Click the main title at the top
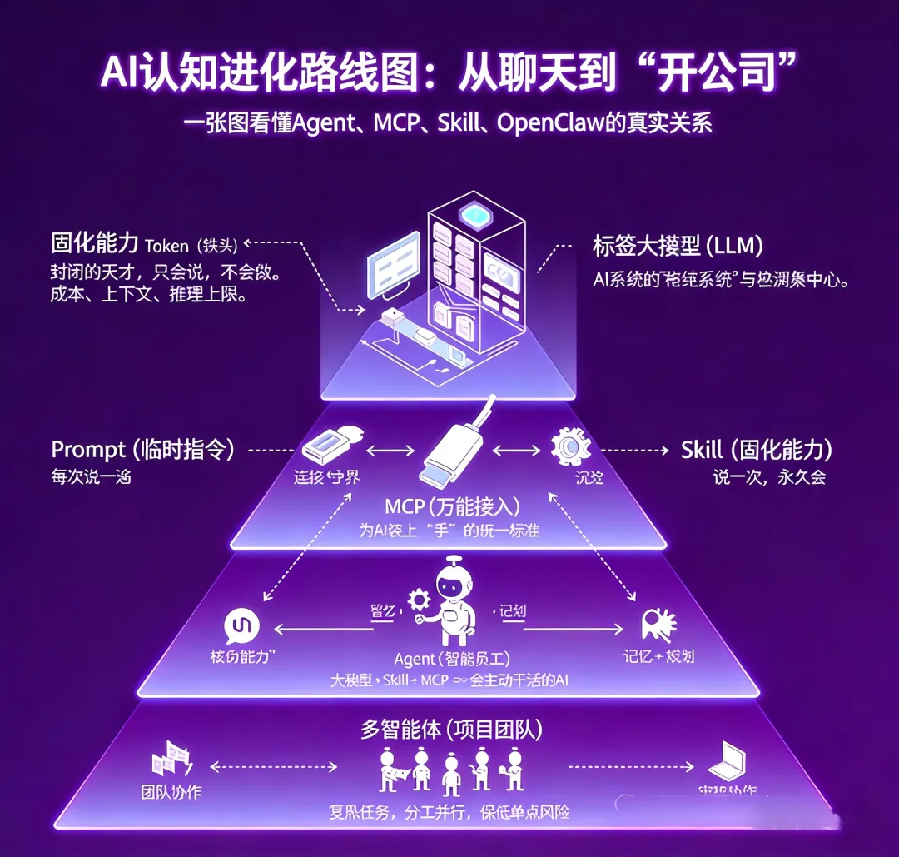pyautogui.click(x=449, y=75)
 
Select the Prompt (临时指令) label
pyautogui.click(x=142, y=450)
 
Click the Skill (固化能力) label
pyautogui.click(x=756, y=450)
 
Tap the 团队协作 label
pyautogui.click(x=171, y=792)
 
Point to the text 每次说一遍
pyautogui.click(x=92, y=478)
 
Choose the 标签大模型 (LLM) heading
pyautogui.click(x=678, y=247)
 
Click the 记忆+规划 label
pyautogui.click(x=658, y=656)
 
